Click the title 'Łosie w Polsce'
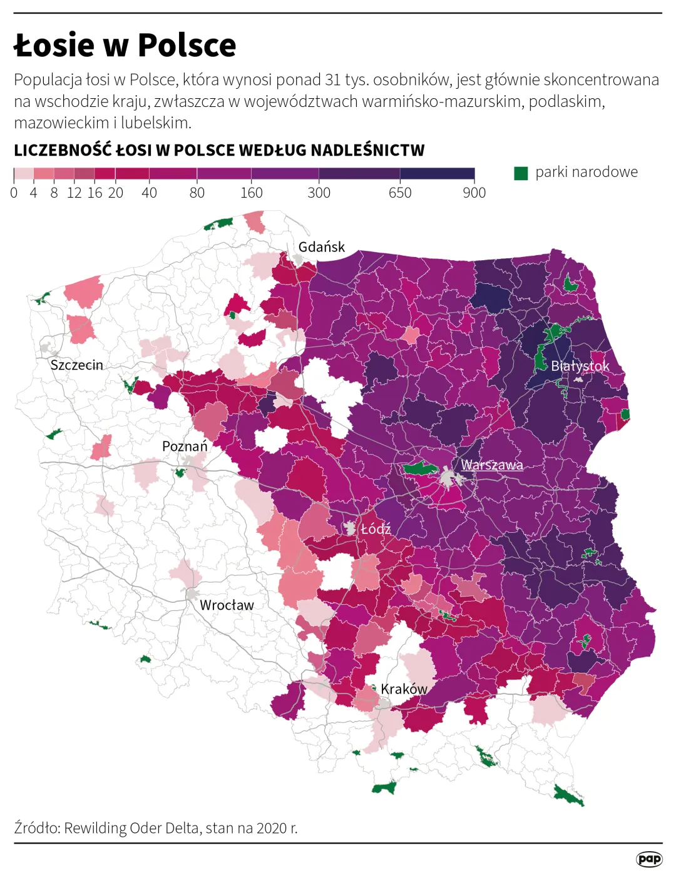click(125, 45)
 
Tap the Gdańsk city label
click(321, 247)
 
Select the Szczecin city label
click(76, 365)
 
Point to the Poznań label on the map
click(185, 447)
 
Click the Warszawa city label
click(492, 465)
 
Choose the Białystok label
click(580, 366)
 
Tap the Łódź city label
click(376, 529)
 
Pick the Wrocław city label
click(227, 605)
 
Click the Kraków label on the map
click(404, 689)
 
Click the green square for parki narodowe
click(521, 173)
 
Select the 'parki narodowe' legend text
click(586, 173)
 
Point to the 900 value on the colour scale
click(474, 193)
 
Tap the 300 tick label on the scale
click(319, 193)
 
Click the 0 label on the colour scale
click(14, 193)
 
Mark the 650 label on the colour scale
click(400, 193)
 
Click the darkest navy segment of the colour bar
click(437, 174)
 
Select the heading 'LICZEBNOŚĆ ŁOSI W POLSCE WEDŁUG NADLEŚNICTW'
click(219, 151)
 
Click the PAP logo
click(649, 859)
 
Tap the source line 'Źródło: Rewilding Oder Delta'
click(156, 828)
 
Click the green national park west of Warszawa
click(419, 468)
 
